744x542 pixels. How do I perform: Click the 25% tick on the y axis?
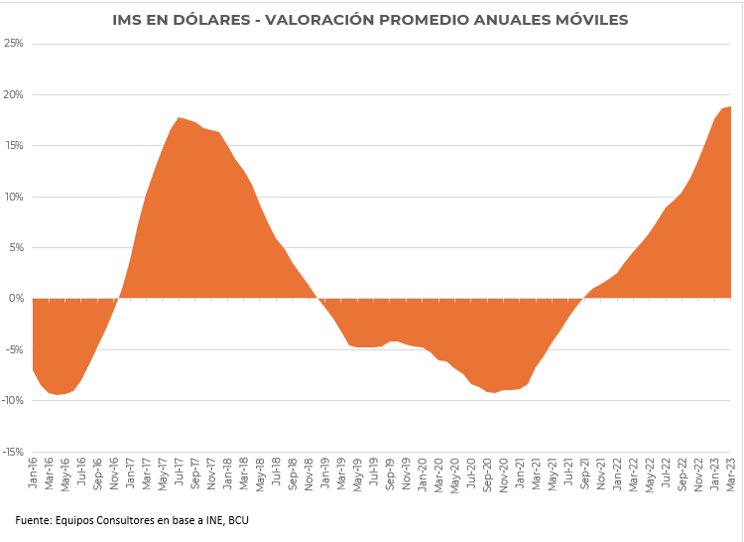(x=14, y=44)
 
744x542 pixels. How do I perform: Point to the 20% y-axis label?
(x=14, y=95)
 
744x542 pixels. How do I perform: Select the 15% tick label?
(x=14, y=146)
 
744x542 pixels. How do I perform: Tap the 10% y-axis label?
(x=14, y=197)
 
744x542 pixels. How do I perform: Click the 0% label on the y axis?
(x=17, y=299)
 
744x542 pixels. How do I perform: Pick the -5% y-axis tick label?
(x=14, y=349)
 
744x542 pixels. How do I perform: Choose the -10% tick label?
(x=12, y=401)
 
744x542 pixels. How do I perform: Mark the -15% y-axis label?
(x=12, y=452)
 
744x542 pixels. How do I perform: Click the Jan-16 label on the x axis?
(x=34, y=473)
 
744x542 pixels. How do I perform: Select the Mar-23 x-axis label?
(x=730, y=473)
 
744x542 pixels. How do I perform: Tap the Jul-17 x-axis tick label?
(x=180, y=473)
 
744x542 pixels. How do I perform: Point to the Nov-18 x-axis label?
(x=310, y=473)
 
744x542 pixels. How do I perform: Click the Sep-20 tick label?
(x=487, y=473)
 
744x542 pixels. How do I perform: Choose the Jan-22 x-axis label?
(x=617, y=473)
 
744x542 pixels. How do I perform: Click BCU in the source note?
(x=235, y=519)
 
